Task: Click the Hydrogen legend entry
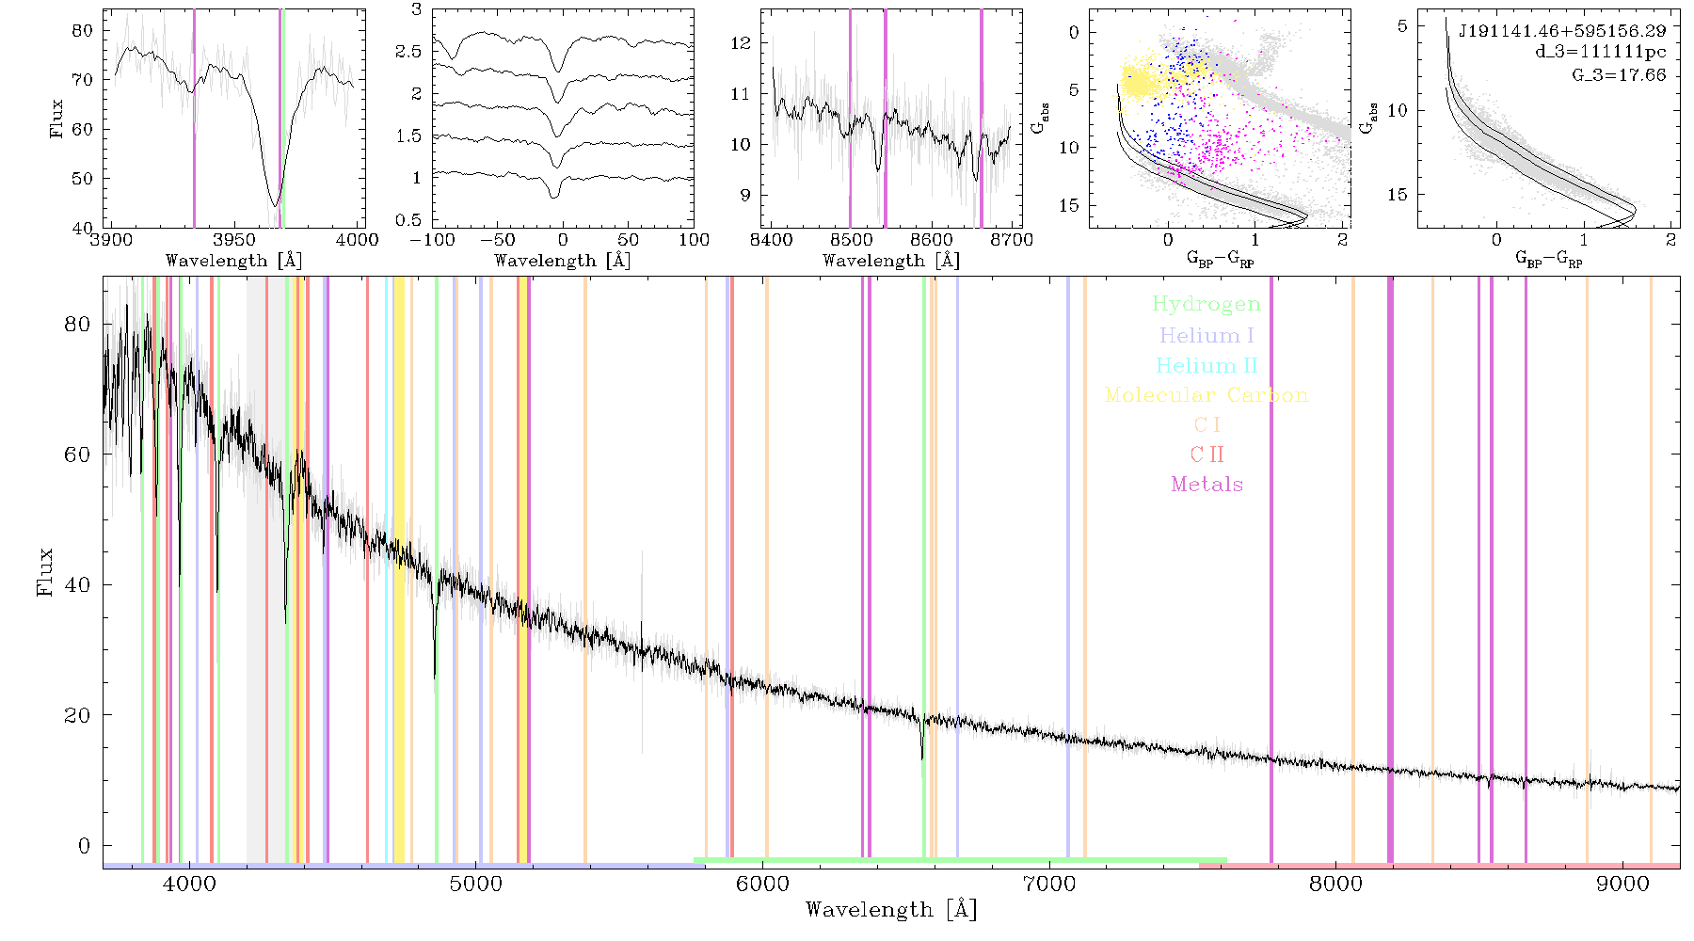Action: tap(1206, 304)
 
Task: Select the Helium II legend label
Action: tap(1207, 365)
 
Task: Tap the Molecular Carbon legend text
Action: tap(1207, 395)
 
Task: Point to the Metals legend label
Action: tap(1207, 485)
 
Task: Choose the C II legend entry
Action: tap(1207, 455)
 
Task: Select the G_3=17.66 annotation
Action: tap(1619, 74)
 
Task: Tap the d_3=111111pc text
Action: tap(1601, 53)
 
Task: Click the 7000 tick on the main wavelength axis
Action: tap(1048, 884)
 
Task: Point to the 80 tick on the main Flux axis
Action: tap(78, 325)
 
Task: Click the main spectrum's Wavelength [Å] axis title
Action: tap(891, 910)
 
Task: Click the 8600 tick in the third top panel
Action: tap(933, 239)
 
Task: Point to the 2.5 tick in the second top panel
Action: tap(408, 52)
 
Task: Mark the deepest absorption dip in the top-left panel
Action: tap(275, 204)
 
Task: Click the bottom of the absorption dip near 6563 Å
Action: tap(922, 758)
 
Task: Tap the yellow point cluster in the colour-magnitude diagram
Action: tap(1141, 79)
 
